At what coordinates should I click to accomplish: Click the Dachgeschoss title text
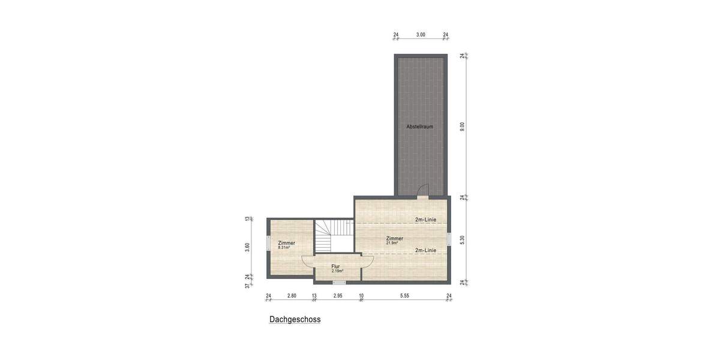pos(295,320)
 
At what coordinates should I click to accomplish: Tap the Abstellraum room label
pos(419,127)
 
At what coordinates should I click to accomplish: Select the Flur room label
pos(335,266)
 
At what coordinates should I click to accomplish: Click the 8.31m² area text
pos(284,247)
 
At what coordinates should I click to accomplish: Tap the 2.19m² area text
pos(337,271)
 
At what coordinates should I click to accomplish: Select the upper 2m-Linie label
pos(425,220)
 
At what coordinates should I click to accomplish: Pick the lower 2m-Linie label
pos(425,250)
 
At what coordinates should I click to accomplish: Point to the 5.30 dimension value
pos(462,239)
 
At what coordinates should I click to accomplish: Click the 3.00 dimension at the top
pos(421,35)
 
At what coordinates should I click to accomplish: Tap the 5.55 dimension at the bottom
pos(405,296)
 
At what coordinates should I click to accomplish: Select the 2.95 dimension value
pos(338,296)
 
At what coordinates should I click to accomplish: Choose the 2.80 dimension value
pos(292,296)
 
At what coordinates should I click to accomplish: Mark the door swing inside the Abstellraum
pos(422,190)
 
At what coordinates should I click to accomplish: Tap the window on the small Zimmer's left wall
pos(268,247)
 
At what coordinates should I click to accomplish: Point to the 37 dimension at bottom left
pos(247,286)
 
